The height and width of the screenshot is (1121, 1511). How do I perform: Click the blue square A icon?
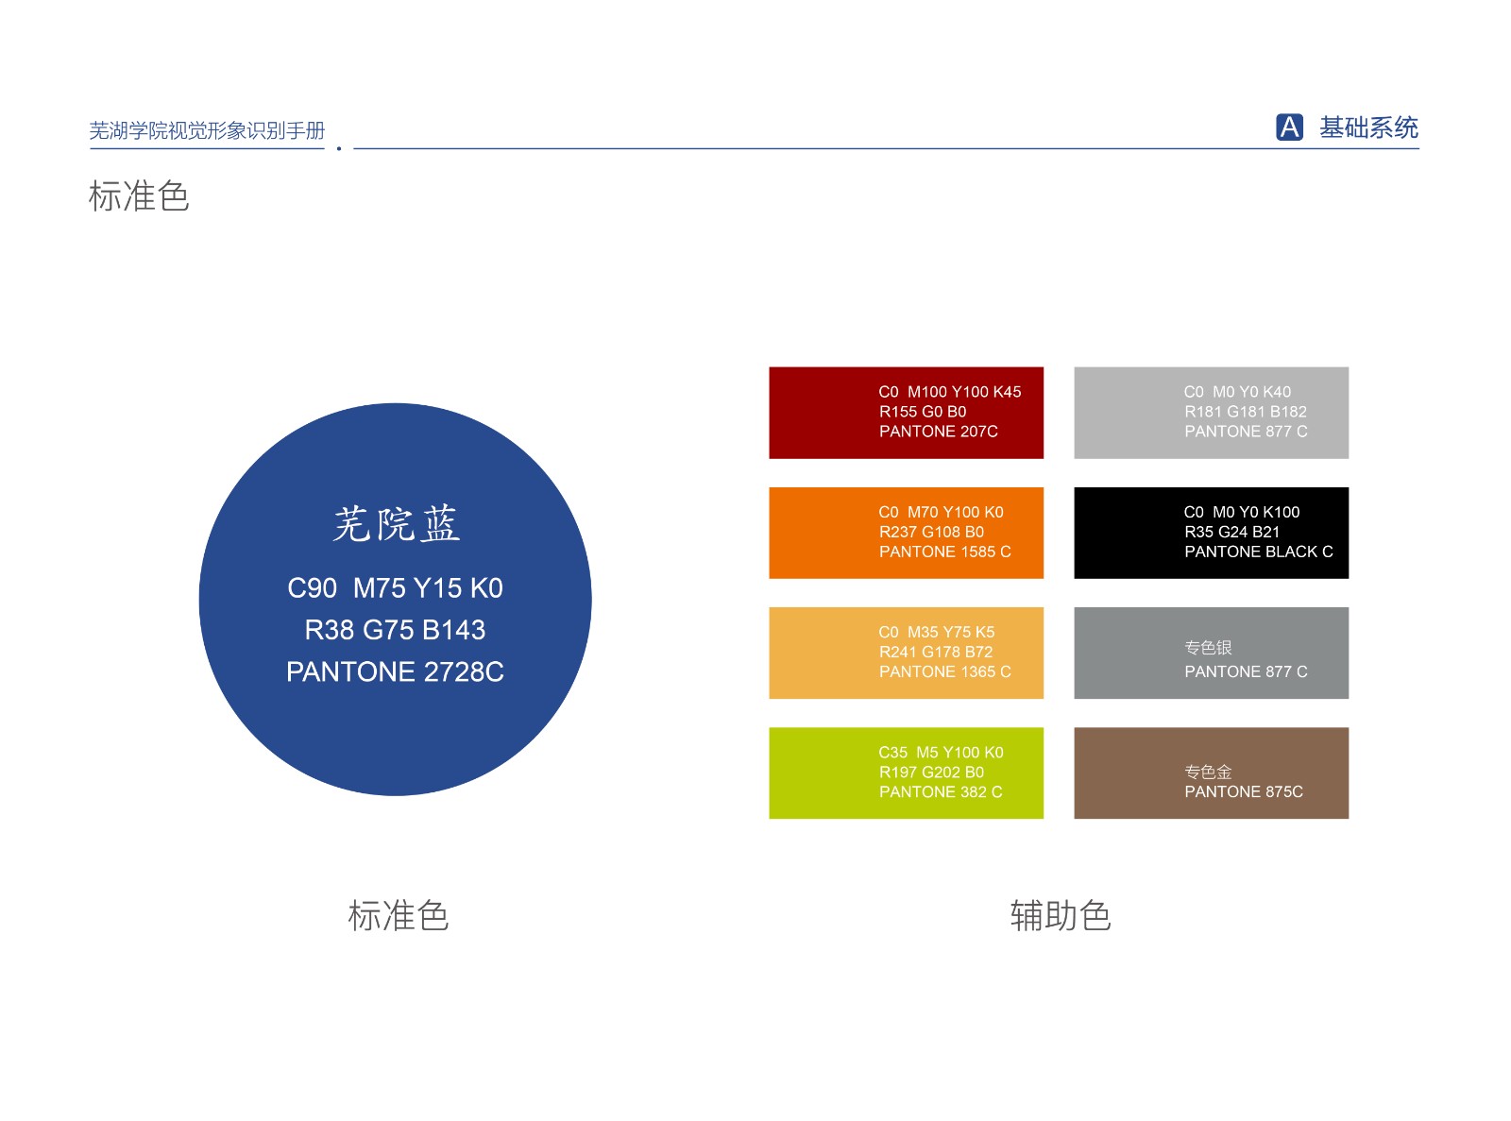click(1289, 127)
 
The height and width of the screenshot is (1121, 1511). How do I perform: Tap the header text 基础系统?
click(1368, 127)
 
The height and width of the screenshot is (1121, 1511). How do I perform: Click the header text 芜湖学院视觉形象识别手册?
click(207, 130)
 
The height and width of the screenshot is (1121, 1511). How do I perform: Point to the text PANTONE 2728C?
click(395, 671)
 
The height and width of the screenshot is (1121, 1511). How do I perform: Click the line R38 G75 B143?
click(395, 630)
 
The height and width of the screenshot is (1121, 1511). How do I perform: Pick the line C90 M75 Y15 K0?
click(395, 587)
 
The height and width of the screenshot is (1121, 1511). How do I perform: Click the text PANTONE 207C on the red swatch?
click(938, 432)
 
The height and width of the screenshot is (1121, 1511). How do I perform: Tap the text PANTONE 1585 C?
click(945, 552)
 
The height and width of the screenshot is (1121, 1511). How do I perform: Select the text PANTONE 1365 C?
click(945, 671)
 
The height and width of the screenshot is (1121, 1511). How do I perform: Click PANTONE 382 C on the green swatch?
click(940, 791)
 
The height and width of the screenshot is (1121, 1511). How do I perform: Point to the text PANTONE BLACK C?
click(1258, 552)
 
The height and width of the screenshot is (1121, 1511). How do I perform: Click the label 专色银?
click(1208, 647)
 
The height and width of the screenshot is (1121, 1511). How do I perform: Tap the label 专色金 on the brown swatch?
click(1208, 772)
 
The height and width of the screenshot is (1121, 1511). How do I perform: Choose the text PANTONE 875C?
click(1244, 791)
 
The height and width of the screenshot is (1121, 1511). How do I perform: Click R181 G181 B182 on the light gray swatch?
click(1246, 412)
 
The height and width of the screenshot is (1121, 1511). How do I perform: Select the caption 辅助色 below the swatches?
click(1060, 914)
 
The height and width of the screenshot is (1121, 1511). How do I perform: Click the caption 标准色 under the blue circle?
click(398, 914)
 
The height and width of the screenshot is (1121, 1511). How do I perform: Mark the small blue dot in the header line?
click(339, 148)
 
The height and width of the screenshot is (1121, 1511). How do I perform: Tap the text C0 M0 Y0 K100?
click(1241, 512)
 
